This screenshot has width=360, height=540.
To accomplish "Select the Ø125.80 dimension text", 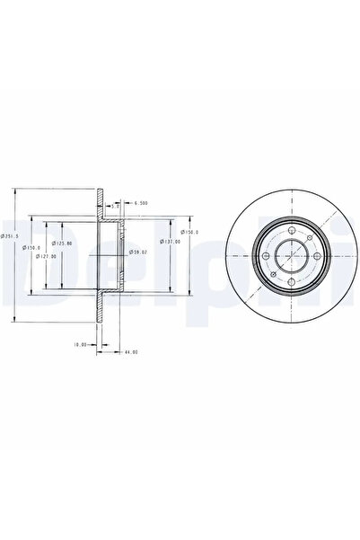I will click(60, 243).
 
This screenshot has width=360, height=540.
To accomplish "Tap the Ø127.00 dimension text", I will click(46, 256).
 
